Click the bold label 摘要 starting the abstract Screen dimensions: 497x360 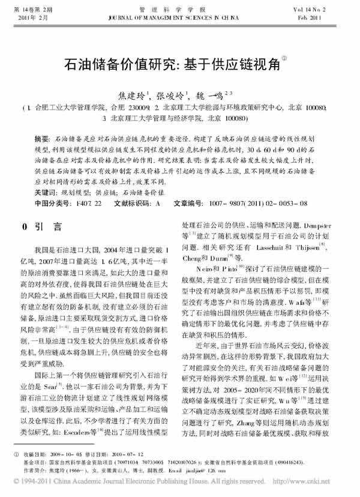click(x=42, y=137)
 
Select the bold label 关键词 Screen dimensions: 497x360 click(x=46, y=193)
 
